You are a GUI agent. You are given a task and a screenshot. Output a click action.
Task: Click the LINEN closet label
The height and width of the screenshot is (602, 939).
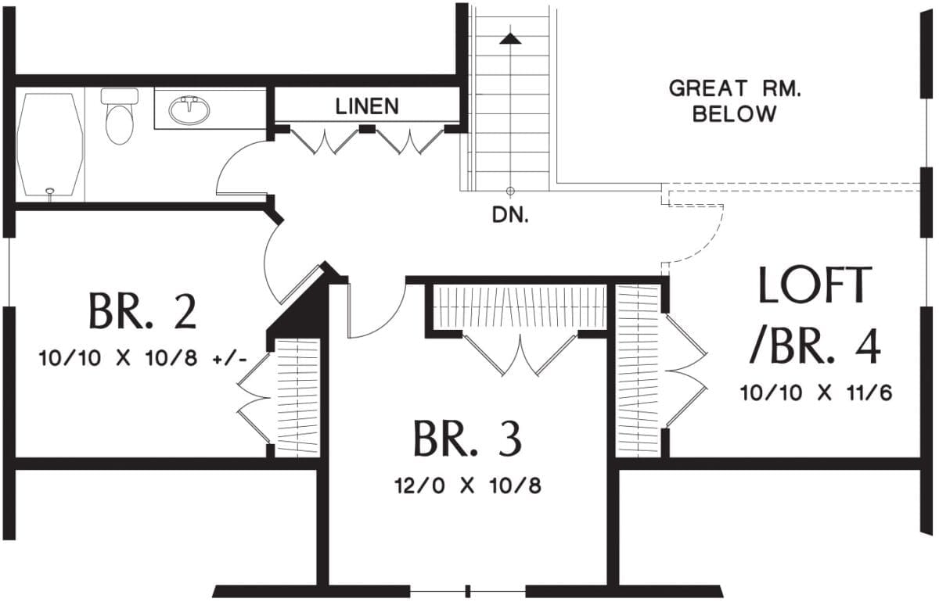coord(368,106)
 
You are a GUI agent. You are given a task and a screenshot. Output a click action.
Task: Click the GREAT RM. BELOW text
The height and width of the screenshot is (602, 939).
coord(734,101)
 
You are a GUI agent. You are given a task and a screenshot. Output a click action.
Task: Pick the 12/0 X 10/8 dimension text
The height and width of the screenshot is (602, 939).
coord(468,486)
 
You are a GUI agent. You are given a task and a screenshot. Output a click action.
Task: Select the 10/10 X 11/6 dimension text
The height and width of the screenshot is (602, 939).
coord(816,392)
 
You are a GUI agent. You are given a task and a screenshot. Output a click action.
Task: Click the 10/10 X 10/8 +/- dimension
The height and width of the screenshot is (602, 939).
coord(142,359)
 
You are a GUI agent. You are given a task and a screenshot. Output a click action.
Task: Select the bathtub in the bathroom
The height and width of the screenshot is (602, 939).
coord(50,145)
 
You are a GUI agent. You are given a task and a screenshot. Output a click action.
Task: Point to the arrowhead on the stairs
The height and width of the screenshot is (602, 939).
coord(510,37)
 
